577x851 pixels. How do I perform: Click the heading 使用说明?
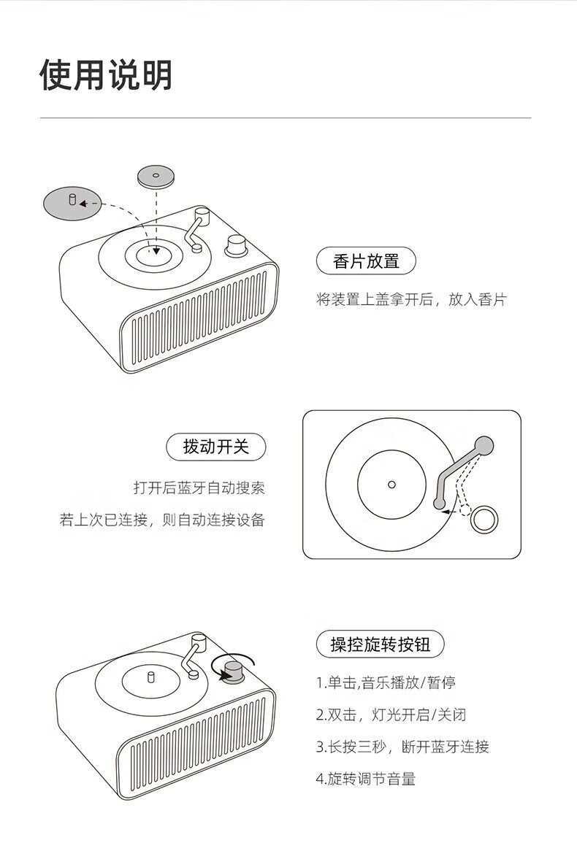[x=106, y=74]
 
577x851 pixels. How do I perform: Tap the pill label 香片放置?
[x=366, y=261]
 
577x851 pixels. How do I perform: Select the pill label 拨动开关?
[x=215, y=447]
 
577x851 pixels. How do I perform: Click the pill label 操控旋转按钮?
[x=381, y=644]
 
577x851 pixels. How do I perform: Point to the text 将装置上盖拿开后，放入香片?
[x=411, y=299]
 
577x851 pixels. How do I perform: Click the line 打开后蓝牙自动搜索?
[x=199, y=488]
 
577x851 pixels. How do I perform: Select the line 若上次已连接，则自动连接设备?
[x=162, y=520]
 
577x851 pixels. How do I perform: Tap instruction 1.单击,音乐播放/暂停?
[x=385, y=682]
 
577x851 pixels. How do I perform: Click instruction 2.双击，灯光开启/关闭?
[x=391, y=715]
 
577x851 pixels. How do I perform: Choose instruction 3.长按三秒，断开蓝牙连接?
[x=402, y=747]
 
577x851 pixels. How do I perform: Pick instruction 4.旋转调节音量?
[x=366, y=779]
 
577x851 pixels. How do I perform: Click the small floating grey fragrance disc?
[x=156, y=177]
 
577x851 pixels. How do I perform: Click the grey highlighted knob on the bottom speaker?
[x=234, y=671]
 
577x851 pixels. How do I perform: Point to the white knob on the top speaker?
[x=236, y=245]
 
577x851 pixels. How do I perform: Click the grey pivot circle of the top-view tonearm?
[x=484, y=446]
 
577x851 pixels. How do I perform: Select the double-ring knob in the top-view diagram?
[x=484, y=520]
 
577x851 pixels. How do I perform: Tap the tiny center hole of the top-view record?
[x=391, y=485]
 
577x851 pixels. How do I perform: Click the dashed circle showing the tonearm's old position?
[x=466, y=510]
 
